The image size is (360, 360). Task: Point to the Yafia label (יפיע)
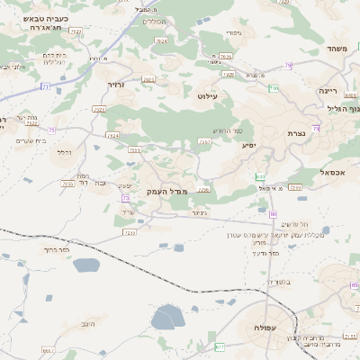click(247, 143)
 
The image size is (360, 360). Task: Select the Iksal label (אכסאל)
click(332, 171)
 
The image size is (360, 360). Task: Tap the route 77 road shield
click(45, 87)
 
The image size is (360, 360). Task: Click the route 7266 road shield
click(295, 187)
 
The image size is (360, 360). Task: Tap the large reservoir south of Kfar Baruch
click(167, 317)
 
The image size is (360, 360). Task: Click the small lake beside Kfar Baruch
click(86, 265)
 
